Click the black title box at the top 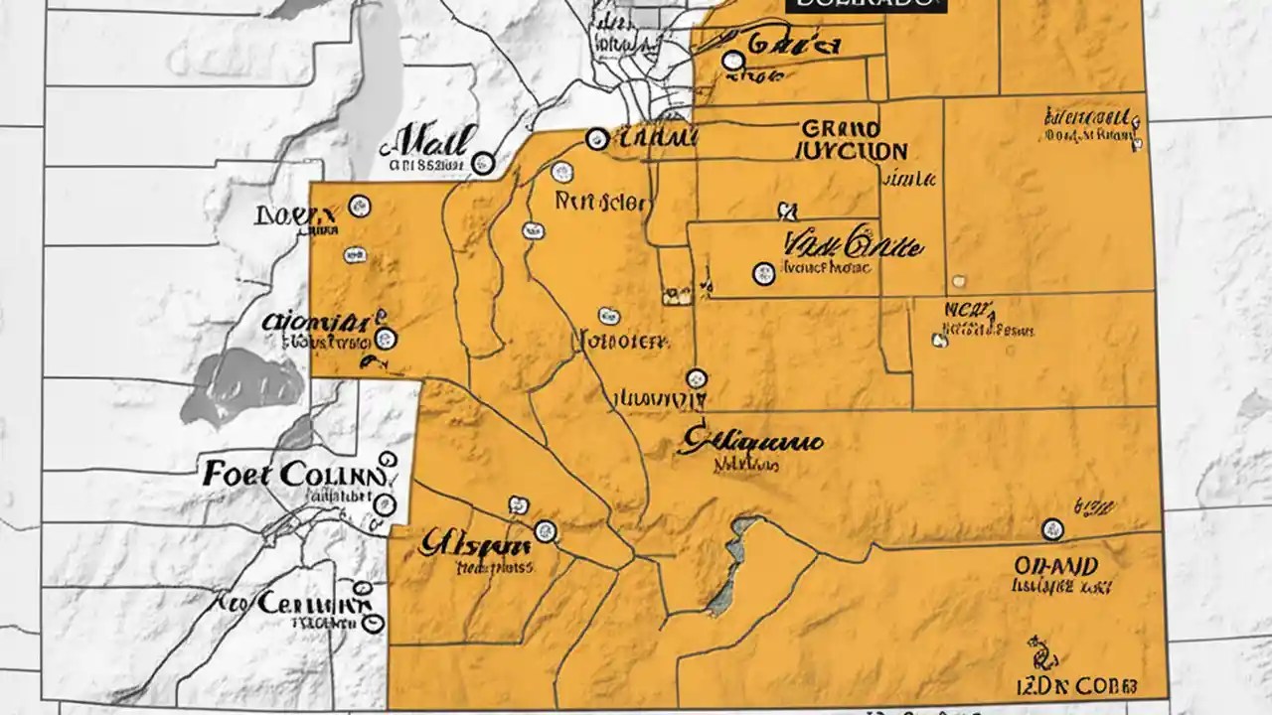[864, 6]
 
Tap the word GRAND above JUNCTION [840, 129]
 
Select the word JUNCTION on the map [852, 152]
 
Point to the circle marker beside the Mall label [483, 163]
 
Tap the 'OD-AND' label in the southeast [1055, 566]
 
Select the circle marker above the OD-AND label [1051, 528]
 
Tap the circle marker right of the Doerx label [359, 207]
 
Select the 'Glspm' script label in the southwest [474, 544]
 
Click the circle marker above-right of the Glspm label [545, 531]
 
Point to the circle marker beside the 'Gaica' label [733, 62]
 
